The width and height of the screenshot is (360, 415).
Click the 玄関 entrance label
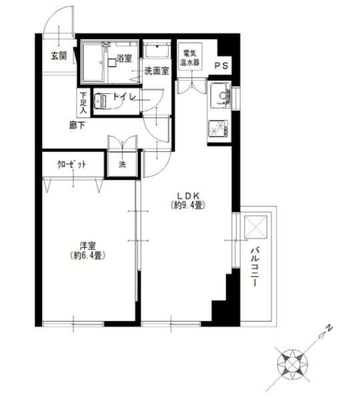[x=59, y=56]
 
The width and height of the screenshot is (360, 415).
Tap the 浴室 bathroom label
[x=124, y=59]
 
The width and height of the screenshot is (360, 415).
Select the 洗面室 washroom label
[x=157, y=71]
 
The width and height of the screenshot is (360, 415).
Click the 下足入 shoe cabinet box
[x=83, y=103]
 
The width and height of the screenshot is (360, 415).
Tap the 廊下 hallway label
[x=77, y=125]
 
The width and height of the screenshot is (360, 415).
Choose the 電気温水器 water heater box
[x=190, y=57]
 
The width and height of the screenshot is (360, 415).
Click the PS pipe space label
[x=221, y=66]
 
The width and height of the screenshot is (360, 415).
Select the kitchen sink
[x=220, y=95]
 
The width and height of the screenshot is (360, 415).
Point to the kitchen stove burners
[x=218, y=129]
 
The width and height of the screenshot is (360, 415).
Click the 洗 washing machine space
[x=122, y=165]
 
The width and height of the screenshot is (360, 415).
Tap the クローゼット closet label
[x=71, y=165]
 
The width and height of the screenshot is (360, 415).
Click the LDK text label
[x=188, y=196]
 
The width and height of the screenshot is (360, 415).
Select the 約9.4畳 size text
[x=189, y=205]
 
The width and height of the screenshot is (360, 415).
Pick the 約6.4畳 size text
[x=88, y=255]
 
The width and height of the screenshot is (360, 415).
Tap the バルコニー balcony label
[x=255, y=266]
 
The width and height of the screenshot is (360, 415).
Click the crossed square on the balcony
[x=255, y=227]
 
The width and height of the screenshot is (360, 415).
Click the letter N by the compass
[x=329, y=328]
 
